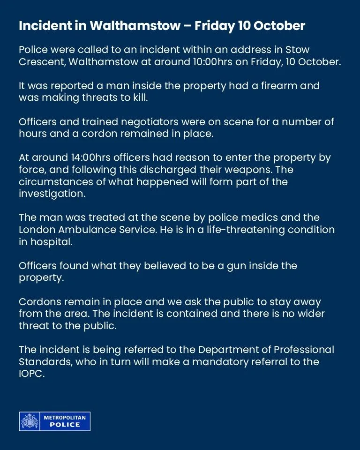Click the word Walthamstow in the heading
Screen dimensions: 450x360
[134, 26]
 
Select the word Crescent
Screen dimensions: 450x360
[40, 61]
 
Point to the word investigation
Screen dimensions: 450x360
[52, 194]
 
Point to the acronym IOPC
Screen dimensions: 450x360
[31, 374]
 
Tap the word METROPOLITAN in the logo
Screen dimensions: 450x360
[65, 417]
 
